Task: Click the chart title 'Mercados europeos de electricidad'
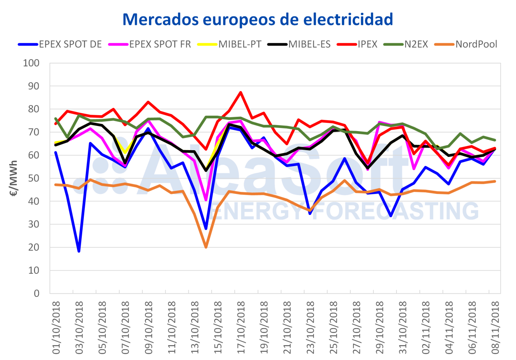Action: click(x=258, y=19)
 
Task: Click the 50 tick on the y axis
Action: click(x=36, y=178)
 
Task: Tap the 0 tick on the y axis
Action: click(x=39, y=294)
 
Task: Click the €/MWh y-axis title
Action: click(x=14, y=178)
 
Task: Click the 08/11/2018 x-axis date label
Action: click(x=494, y=323)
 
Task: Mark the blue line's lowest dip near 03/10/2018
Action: click(x=79, y=251)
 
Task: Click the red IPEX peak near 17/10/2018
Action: click(x=240, y=93)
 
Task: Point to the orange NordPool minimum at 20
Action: click(x=206, y=247)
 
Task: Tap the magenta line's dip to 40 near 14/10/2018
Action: click(x=206, y=200)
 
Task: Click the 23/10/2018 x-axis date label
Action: click(x=310, y=323)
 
